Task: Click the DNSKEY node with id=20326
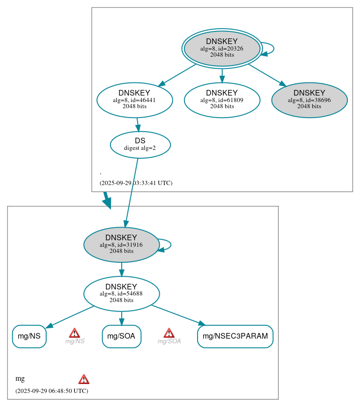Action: pyautogui.click(x=222, y=49)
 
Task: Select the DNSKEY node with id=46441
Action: pyautogui.click(x=135, y=100)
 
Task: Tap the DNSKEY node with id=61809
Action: pyautogui.click(x=222, y=100)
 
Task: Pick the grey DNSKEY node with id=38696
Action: pyautogui.click(x=309, y=100)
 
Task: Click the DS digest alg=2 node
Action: pyautogui.click(x=140, y=144)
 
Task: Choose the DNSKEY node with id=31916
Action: pyautogui.click(x=121, y=244)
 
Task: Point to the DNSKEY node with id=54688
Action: pyautogui.click(x=121, y=294)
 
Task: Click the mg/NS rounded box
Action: pyautogui.click(x=29, y=336)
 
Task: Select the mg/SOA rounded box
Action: pyautogui.click(x=121, y=336)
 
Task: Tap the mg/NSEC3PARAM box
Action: pyautogui.click(x=235, y=336)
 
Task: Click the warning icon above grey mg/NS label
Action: pyautogui.click(x=74, y=333)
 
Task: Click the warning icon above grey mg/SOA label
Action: pyautogui.click(x=169, y=333)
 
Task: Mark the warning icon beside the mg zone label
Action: pyautogui.click(x=84, y=379)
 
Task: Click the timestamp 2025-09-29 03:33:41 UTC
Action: pyautogui.click(x=136, y=183)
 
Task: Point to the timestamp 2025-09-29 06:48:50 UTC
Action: pyautogui.click(x=51, y=391)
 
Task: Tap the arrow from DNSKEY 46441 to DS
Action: pyautogui.click(x=138, y=125)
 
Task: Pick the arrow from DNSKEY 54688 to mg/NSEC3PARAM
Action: pyautogui.click(x=178, y=315)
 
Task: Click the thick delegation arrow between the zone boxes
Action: pyautogui.click(x=107, y=200)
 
